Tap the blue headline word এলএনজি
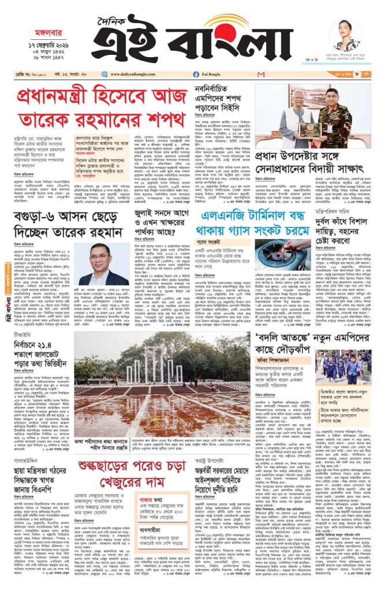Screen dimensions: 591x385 [225, 233]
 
